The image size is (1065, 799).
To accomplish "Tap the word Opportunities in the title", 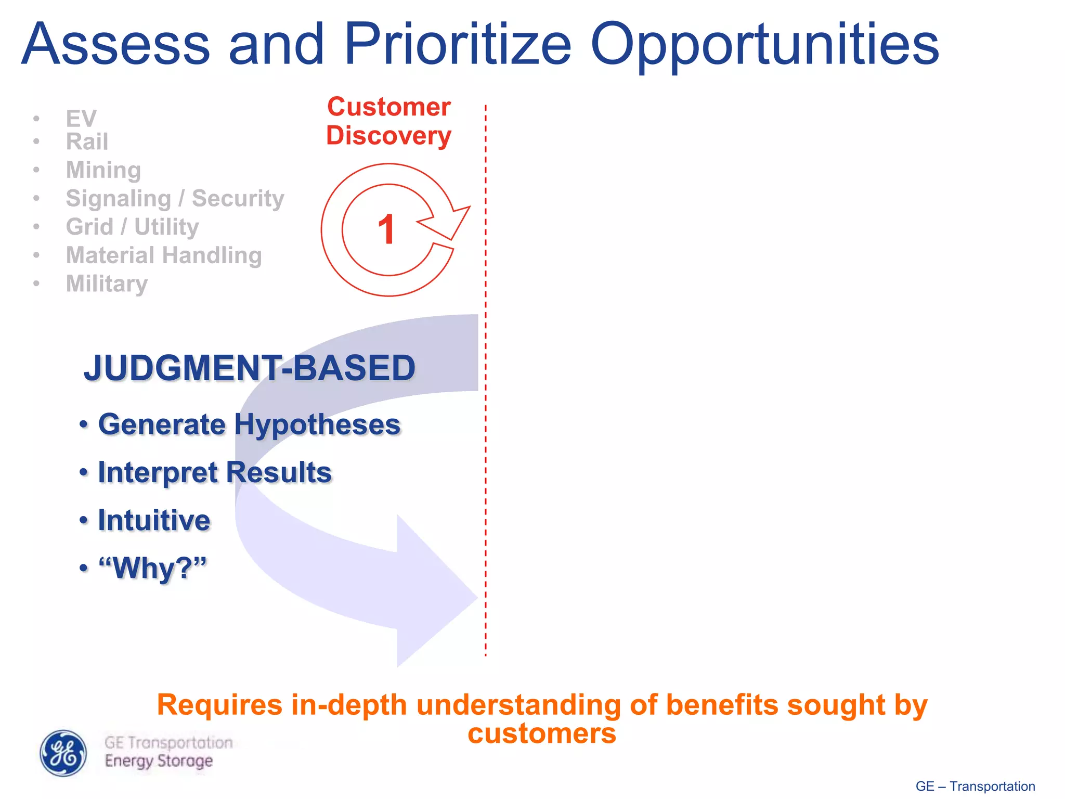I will [x=764, y=47].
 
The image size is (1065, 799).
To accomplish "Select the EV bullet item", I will [x=81, y=119].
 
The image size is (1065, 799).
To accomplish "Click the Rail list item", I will [x=87, y=141].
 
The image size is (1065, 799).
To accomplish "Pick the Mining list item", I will [x=103, y=170].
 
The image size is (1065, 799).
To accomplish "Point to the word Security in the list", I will [x=238, y=198].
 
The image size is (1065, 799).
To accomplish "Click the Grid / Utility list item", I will [x=132, y=227].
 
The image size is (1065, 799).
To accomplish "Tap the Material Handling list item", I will [x=164, y=255].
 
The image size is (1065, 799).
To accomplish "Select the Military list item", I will [x=107, y=284].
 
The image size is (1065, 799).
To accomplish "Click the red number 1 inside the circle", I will [x=386, y=229].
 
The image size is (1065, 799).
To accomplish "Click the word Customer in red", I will [x=388, y=107].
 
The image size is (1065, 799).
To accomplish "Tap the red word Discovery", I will [x=388, y=136].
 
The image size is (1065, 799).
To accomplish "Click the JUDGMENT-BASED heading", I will [x=250, y=368].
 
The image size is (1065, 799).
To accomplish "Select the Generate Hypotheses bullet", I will [x=249, y=424].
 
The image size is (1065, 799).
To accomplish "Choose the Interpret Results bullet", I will [x=214, y=472].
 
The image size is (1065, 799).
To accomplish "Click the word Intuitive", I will [x=154, y=520].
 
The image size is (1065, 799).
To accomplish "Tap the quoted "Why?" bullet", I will [x=152, y=568].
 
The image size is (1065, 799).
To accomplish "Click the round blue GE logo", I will [x=63, y=753].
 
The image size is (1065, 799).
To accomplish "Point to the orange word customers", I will [x=541, y=734].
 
